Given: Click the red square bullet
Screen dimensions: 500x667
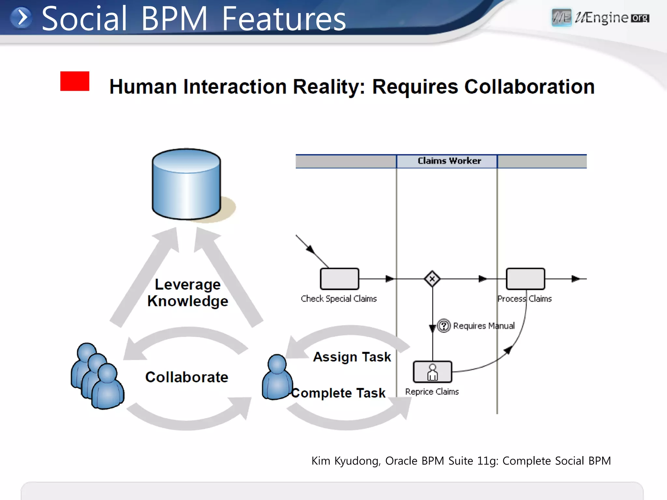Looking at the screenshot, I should (x=75, y=81).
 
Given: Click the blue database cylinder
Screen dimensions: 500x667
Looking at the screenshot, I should (x=186, y=184).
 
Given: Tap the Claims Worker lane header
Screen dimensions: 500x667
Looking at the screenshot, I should (x=449, y=161).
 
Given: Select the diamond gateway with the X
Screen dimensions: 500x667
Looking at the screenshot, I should (x=432, y=279).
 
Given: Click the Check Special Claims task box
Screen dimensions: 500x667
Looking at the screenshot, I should (x=339, y=279).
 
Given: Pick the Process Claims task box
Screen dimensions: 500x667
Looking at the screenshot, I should (x=525, y=279).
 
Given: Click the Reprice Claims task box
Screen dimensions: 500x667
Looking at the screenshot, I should (x=432, y=372).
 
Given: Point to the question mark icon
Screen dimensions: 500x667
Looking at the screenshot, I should (x=444, y=326).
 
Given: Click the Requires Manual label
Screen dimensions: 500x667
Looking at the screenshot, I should (x=484, y=326).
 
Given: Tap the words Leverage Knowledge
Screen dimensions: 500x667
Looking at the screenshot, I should (x=188, y=293).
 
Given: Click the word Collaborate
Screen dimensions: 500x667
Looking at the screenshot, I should (x=187, y=377).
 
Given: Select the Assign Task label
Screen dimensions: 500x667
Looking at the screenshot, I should (x=352, y=357).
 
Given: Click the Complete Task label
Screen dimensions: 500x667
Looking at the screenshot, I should (x=338, y=393).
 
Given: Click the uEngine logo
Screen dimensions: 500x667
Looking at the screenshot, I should (x=600, y=18).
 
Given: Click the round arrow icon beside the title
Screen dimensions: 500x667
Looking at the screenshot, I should (x=21, y=18).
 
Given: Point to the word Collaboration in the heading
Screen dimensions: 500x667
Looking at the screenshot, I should (x=529, y=87).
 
